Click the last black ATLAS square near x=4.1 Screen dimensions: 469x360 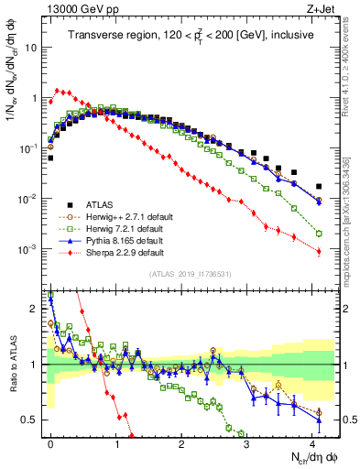pyautogui.click(x=319, y=186)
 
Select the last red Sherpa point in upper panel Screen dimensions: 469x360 pyautogui.click(x=319, y=252)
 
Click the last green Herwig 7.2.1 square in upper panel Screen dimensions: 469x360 pyautogui.click(x=319, y=234)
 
